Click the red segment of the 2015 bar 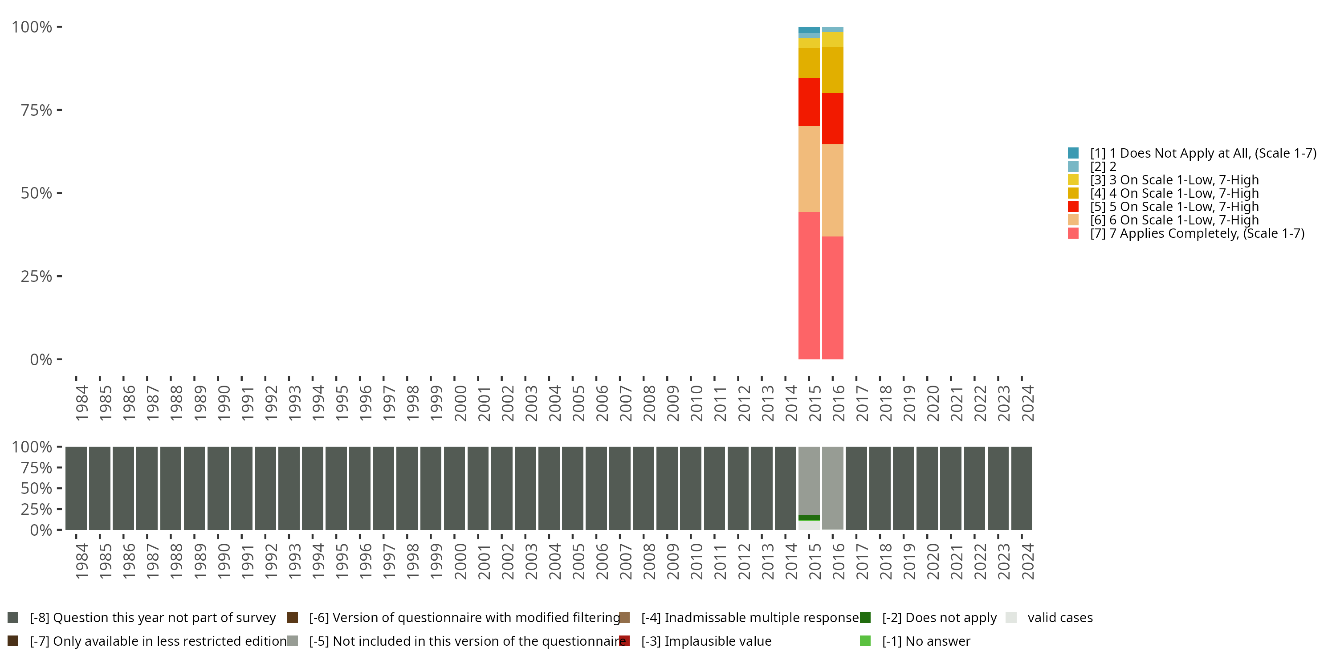tap(809, 102)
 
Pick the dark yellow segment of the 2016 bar tap(832, 70)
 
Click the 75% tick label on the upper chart tap(37, 110)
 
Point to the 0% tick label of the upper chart tap(41, 359)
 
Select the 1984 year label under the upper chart tap(82, 403)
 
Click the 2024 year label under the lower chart tap(1027, 561)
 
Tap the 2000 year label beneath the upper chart tap(460, 403)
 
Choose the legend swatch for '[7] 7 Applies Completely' tap(1073, 233)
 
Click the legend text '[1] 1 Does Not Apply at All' tap(1203, 153)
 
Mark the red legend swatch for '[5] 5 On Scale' tap(1073, 207)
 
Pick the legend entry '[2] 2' tap(1103, 167)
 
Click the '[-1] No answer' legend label tap(926, 641)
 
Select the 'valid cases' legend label tap(1059, 618)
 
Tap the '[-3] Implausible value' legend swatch tap(624, 641)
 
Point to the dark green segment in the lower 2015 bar tap(809, 517)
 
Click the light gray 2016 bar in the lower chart tap(832, 488)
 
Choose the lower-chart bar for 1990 tap(218, 488)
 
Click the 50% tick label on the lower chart tap(37, 488)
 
